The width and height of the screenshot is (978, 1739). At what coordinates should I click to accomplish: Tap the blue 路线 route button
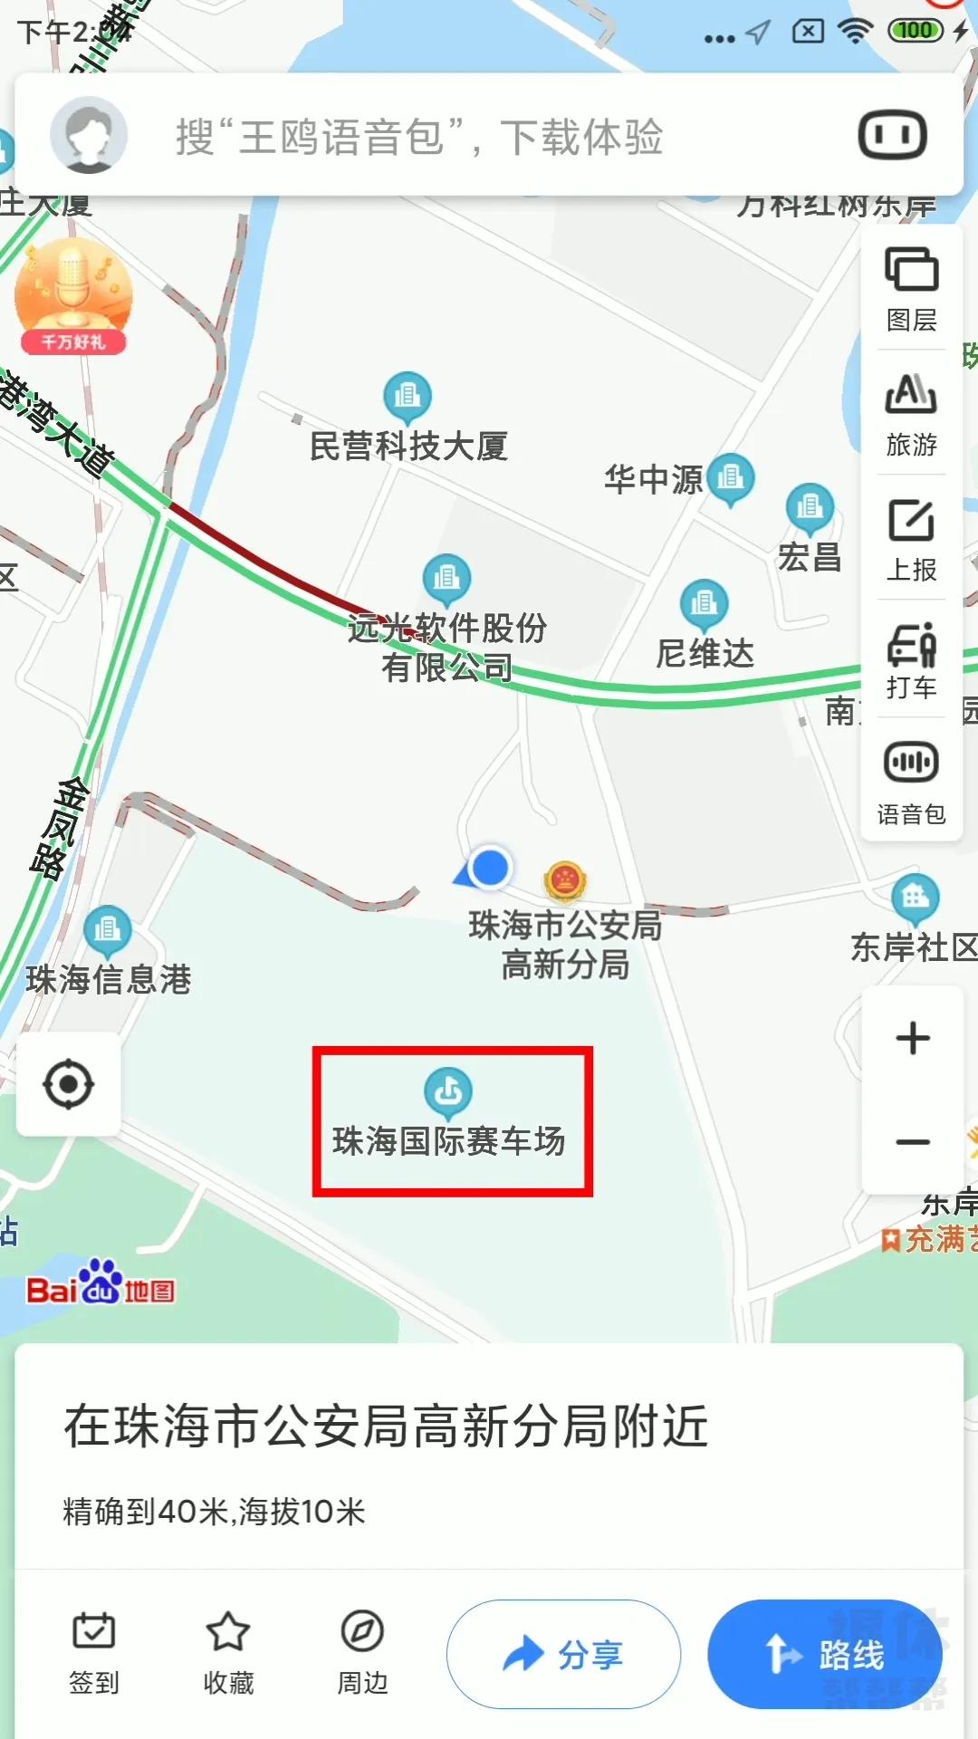(x=824, y=1654)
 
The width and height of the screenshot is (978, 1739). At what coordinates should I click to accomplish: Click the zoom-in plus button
(x=912, y=1038)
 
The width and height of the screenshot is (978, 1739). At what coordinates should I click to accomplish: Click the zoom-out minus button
(x=912, y=1141)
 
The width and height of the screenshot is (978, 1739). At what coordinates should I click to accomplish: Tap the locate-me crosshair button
(x=69, y=1084)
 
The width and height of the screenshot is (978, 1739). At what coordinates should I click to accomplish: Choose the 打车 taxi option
(x=911, y=661)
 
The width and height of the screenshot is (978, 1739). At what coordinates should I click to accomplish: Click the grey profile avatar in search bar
(x=88, y=135)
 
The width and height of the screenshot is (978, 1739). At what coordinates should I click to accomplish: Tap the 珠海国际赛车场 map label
(x=449, y=1140)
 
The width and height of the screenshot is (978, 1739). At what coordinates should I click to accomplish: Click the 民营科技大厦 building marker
(x=407, y=397)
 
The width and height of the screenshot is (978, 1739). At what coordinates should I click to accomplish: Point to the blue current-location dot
(x=490, y=867)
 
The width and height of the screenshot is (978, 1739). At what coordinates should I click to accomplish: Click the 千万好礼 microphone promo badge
(x=73, y=295)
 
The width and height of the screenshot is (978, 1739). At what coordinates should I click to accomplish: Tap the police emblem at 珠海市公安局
(x=565, y=879)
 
